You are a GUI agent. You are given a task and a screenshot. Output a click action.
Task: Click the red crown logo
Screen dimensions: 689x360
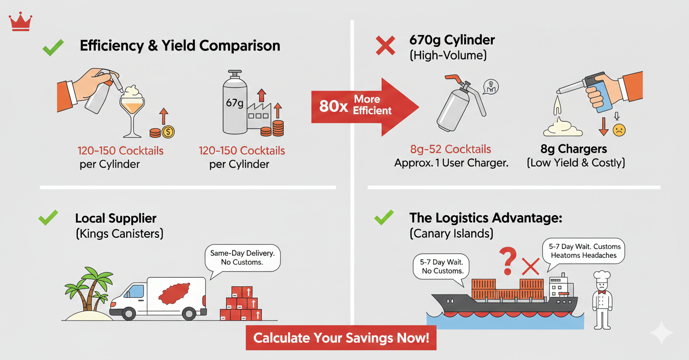coord(21,22)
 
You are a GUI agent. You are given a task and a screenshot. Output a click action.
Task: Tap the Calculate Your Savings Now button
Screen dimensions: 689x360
coord(341,337)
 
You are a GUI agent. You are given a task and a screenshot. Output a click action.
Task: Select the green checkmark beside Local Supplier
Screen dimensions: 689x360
coord(48,218)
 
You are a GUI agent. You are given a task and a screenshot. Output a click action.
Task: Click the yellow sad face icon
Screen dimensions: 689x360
coord(619,130)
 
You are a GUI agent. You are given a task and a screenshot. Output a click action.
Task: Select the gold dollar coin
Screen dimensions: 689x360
coord(168,131)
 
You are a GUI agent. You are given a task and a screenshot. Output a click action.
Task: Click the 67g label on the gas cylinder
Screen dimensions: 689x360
coord(234,104)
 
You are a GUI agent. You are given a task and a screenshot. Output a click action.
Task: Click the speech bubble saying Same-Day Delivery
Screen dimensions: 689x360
coord(242,257)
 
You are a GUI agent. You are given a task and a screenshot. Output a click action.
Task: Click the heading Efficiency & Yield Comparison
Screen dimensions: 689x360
coord(180,46)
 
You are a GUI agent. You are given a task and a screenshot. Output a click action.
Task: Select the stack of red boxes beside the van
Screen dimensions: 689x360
coord(241,304)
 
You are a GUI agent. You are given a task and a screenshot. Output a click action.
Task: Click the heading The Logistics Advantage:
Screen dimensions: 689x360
coord(485,218)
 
